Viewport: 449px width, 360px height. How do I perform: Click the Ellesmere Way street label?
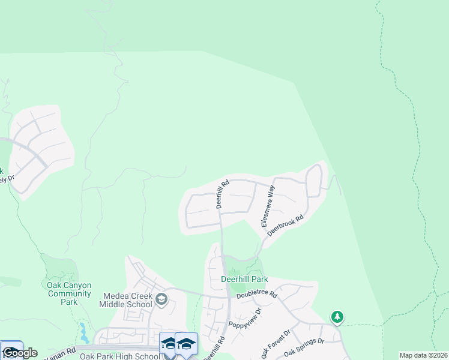[x=267, y=205]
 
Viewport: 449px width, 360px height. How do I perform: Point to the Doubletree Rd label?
[x=256, y=295]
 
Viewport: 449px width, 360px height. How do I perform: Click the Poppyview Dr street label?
[x=245, y=319]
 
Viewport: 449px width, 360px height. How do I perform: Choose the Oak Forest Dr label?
[x=276, y=343]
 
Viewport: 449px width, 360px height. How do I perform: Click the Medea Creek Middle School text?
[x=128, y=300]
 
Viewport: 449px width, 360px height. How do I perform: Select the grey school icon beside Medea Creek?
[x=161, y=299]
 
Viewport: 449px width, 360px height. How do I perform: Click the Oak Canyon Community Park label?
[x=69, y=293]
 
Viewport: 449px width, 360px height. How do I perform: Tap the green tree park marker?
[x=337, y=316]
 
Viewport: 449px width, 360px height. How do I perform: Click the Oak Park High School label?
[x=119, y=356]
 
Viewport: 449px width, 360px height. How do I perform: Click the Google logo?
[x=20, y=353]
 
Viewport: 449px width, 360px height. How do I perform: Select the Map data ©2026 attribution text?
[x=423, y=355]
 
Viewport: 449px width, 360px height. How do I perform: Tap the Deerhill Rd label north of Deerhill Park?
[x=223, y=194]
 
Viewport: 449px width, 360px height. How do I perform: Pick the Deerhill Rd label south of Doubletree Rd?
[x=214, y=348]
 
